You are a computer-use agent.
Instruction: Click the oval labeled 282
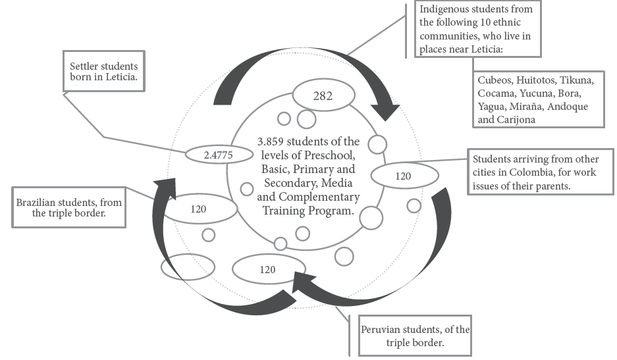[x=323, y=96]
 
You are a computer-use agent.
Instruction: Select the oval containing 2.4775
[x=219, y=154]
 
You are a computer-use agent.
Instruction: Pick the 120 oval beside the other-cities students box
[x=404, y=176]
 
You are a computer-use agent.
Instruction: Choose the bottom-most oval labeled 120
[x=267, y=269]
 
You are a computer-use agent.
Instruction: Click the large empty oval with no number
[x=188, y=267]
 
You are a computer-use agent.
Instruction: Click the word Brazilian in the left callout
[x=41, y=203]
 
